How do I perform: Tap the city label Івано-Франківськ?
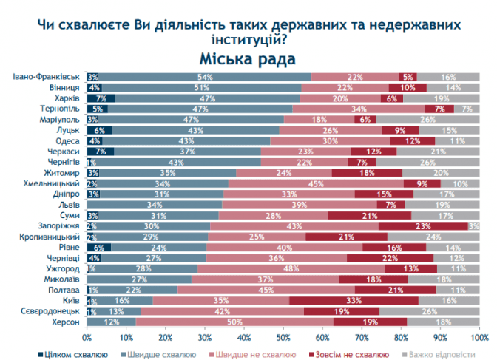point(50,77)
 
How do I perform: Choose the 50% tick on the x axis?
point(283,338)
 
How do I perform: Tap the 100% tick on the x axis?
point(479,338)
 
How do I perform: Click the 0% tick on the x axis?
point(87,338)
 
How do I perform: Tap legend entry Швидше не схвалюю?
point(257,354)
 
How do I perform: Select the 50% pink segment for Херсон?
point(235,323)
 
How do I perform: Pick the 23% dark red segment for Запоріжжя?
point(423,226)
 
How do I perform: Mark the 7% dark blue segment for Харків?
point(101,98)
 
